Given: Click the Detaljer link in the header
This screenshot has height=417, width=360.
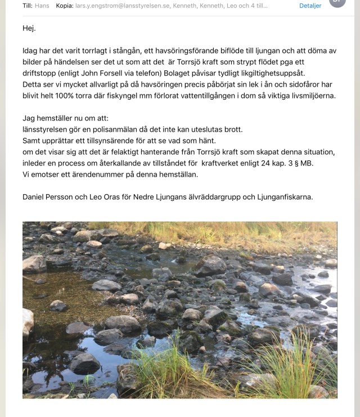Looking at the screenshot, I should [310, 6].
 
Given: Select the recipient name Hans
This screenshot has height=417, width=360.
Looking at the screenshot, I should [42, 6].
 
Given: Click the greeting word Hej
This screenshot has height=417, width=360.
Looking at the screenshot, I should [29, 28].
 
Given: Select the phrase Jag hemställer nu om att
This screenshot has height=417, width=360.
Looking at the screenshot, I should [66, 118].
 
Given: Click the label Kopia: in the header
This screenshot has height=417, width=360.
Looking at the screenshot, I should [65, 6].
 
